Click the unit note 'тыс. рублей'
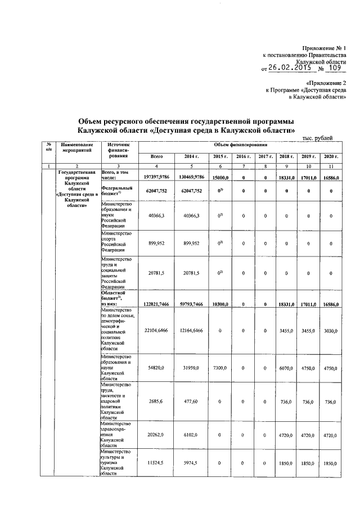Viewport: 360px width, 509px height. pyautogui.click(x=317, y=138)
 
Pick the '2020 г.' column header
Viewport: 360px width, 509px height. pyautogui.click(x=331, y=156)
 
